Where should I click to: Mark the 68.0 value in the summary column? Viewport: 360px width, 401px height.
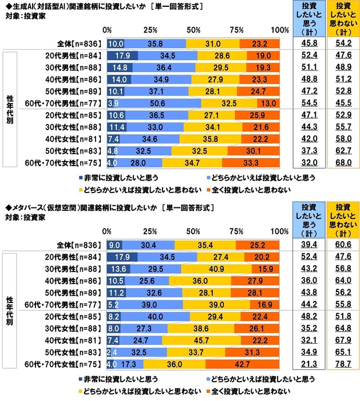point(343,163)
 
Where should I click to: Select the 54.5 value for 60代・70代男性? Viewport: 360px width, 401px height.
point(309,104)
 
